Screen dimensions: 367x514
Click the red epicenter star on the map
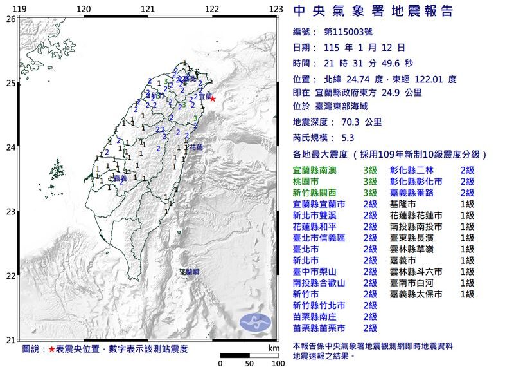click(x=212, y=99)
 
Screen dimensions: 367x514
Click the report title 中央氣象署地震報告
click(x=373, y=11)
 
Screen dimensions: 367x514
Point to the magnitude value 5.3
click(x=348, y=138)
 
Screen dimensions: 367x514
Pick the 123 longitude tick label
click(x=276, y=8)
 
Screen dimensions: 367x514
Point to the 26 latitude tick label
click(x=10, y=19)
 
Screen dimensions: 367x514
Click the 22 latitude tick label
click(x=10, y=276)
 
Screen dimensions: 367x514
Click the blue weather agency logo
click(x=256, y=322)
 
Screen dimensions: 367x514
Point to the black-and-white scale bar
click(x=249, y=355)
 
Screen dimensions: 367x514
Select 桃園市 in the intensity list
click(x=307, y=182)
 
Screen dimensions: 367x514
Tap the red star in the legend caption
click(x=52, y=349)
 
